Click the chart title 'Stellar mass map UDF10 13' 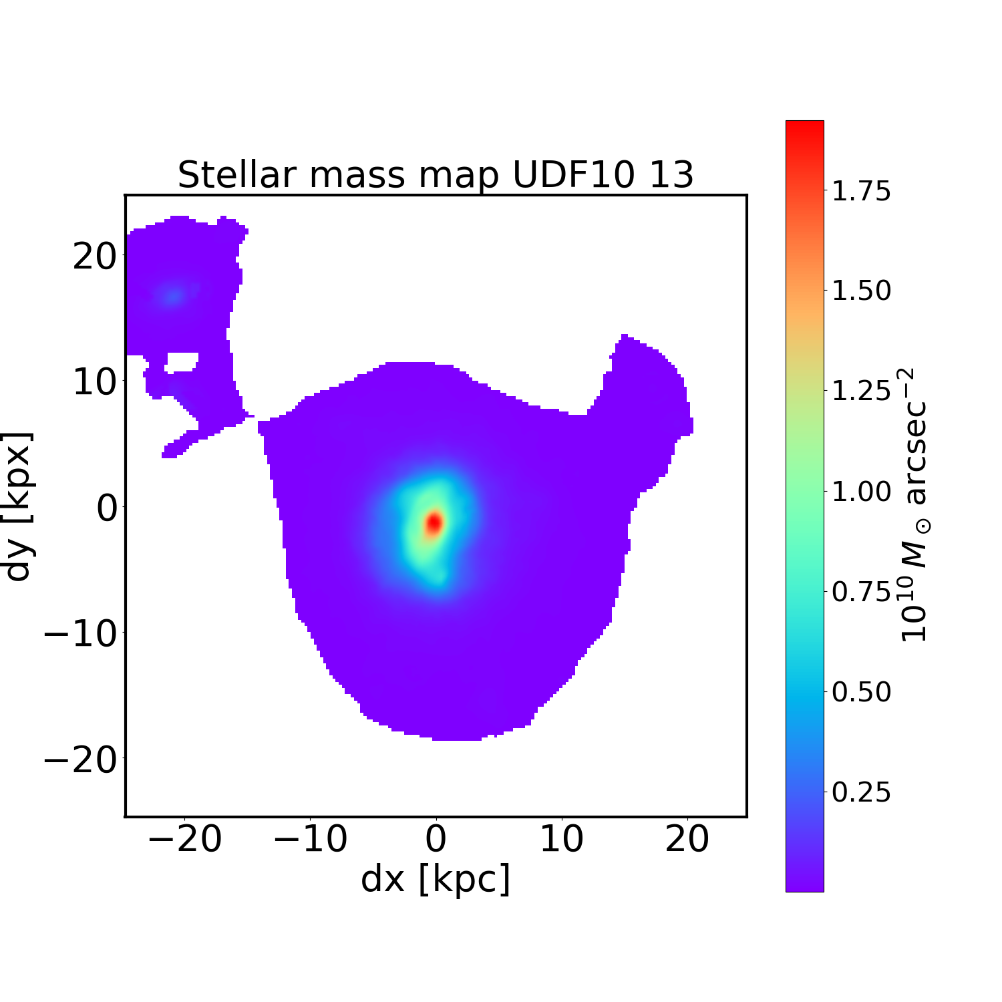436,175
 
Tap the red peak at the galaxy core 434,522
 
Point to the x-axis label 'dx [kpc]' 436,878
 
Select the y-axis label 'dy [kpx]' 18,506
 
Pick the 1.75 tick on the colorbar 861,192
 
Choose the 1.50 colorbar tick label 861,291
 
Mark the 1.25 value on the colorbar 861,391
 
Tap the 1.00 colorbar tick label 861,492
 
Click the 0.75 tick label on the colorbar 861,592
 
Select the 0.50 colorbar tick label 861,692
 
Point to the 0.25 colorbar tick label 861,792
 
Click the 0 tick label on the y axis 107,508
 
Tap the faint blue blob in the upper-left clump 174,295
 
